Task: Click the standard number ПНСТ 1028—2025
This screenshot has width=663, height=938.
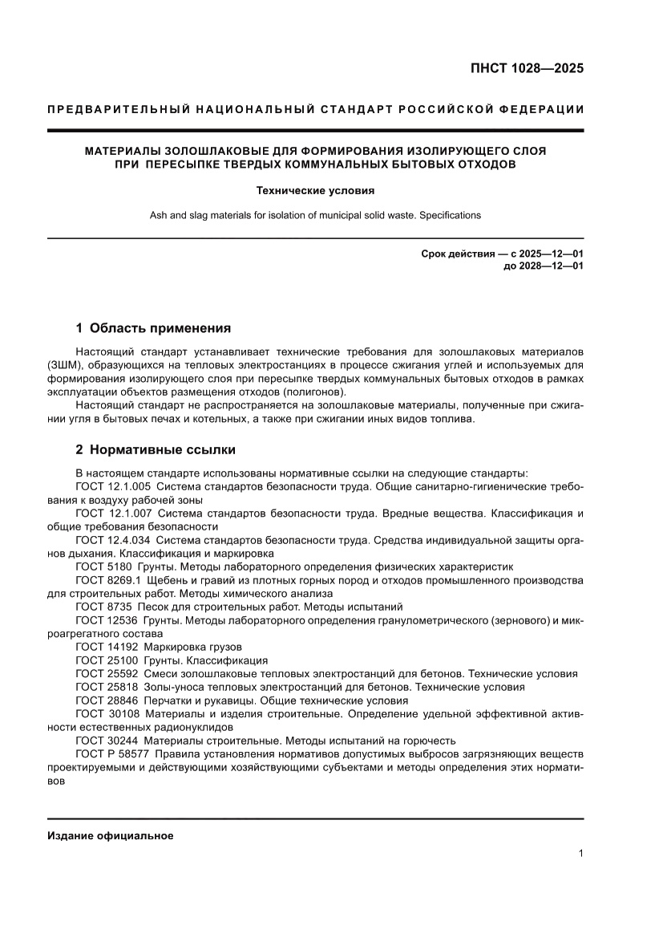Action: tap(526, 68)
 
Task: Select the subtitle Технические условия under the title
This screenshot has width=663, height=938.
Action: tap(315, 191)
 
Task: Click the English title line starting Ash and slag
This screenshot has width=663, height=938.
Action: tap(315, 215)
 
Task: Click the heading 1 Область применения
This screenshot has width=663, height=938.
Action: tap(153, 327)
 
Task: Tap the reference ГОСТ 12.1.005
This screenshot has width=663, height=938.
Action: tap(112, 486)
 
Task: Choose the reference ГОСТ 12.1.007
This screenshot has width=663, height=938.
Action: tap(112, 513)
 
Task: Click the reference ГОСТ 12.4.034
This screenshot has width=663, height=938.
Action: tap(112, 540)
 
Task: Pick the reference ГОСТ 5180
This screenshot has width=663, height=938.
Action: tap(107, 566)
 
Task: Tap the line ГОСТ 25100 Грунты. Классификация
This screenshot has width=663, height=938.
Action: tap(172, 660)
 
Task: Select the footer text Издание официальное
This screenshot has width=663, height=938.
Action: tap(111, 835)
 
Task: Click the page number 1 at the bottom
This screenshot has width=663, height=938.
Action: tap(580, 854)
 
